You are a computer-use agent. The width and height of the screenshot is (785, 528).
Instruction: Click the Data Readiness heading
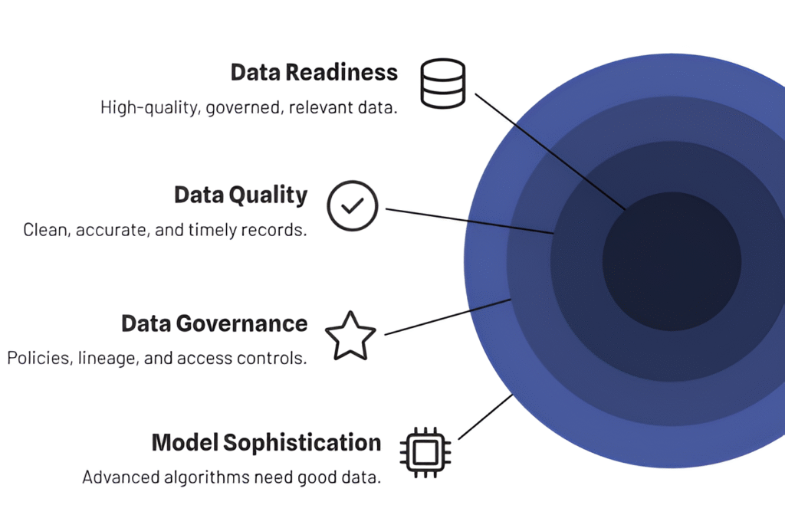point(314,73)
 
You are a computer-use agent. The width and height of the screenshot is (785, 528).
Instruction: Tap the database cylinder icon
point(443,84)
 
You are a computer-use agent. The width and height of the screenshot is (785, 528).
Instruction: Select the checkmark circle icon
point(353,205)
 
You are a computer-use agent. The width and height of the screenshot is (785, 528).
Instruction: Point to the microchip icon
point(425,452)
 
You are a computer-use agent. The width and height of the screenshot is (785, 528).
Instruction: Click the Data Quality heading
point(241,195)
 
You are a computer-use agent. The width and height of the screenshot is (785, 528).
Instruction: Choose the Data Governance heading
point(215,323)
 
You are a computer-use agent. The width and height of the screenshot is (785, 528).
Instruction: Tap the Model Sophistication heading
point(266,443)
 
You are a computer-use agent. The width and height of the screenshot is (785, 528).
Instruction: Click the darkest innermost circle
point(672,261)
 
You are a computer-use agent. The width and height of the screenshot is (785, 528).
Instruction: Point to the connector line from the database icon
point(550,151)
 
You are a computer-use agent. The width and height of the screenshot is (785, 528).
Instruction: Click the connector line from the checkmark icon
point(470,221)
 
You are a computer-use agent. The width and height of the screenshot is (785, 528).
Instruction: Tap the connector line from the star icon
point(448,316)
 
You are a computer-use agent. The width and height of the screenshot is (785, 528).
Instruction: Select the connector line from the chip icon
point(485,417)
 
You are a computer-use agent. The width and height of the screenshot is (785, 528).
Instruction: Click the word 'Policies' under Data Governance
point(38,359)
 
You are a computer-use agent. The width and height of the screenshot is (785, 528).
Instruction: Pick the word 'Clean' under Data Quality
point(47,230)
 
